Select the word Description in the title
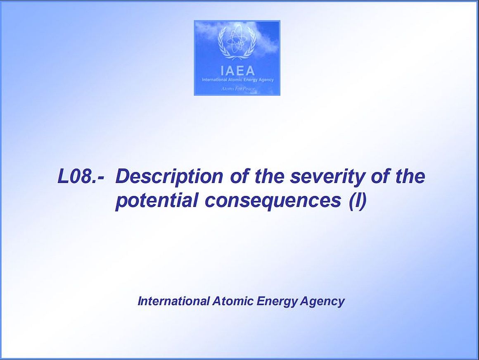click(x=170, y=177)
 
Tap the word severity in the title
click(x=327, y=177)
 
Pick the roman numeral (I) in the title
click(x=358, y=201)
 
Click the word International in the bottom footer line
click(x=173, y=301)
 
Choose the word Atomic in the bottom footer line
click(x=233, y=301)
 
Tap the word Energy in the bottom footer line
click(x=277, y=302)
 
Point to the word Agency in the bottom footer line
click(x=322, y=302)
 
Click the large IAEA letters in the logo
click(x=237, y=71)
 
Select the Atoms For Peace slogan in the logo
click(x=238, y=89)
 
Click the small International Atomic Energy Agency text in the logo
click(x=238, y=80)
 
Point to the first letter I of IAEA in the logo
click(x=222, y=71)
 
